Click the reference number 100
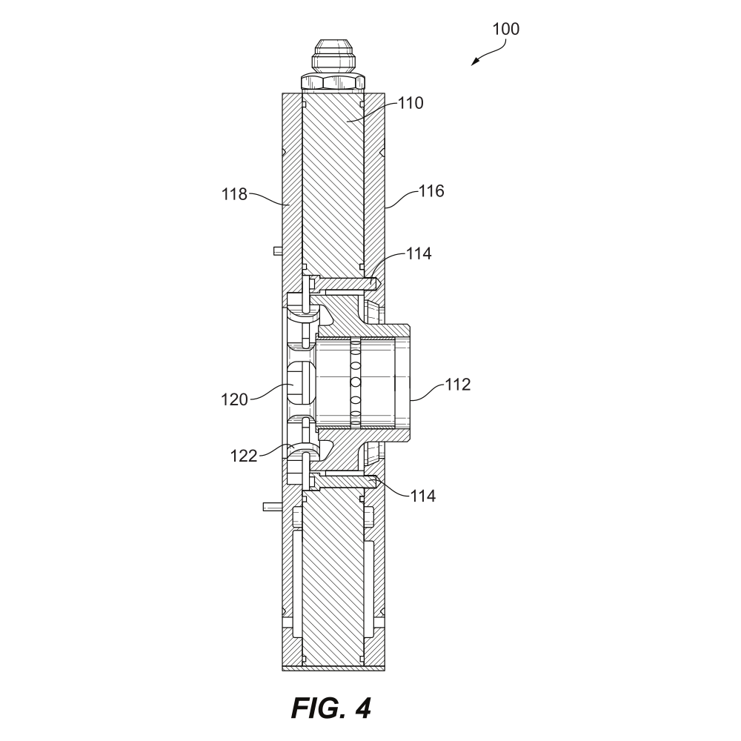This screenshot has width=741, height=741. point(506,29)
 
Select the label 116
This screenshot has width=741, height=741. point(431,191)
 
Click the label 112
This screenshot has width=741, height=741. point(456,384)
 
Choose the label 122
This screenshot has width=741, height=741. point(243,456)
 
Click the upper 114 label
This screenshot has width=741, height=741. point(419,254)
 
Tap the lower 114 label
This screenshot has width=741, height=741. point(423,495)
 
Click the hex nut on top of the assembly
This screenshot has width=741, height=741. point(333,81)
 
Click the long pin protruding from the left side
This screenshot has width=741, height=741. point(273,508)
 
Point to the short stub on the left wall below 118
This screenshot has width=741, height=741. point(276,250)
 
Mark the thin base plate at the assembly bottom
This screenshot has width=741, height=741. point(334,668)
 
